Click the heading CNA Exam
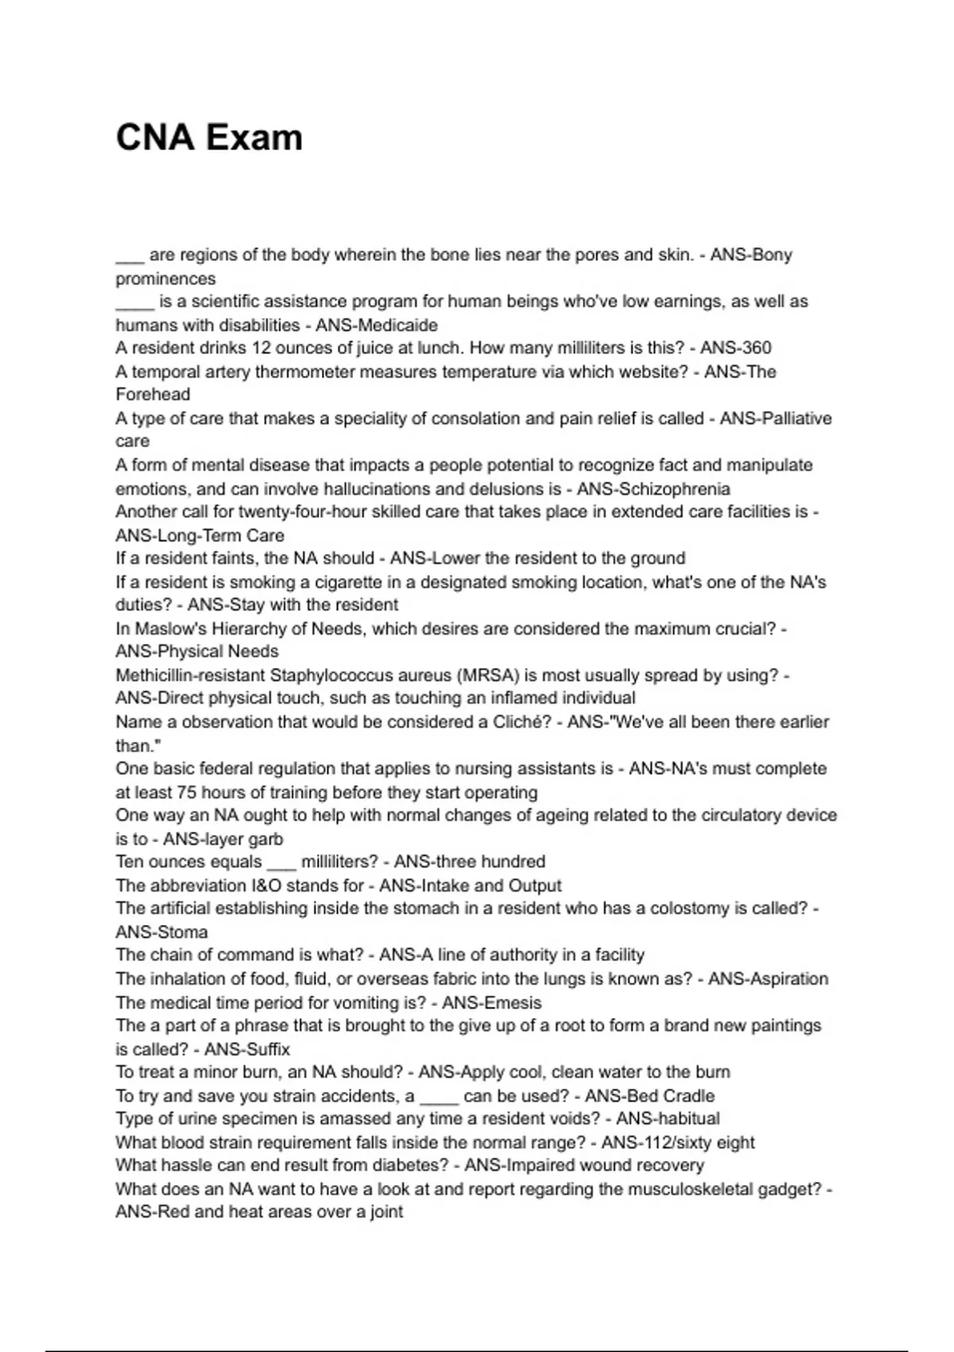pyautogui.click(x=209, y=138)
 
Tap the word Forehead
pyautogui.click(x=153, y=395)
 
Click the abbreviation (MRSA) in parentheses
pyautogui.click(x=487, y=676)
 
